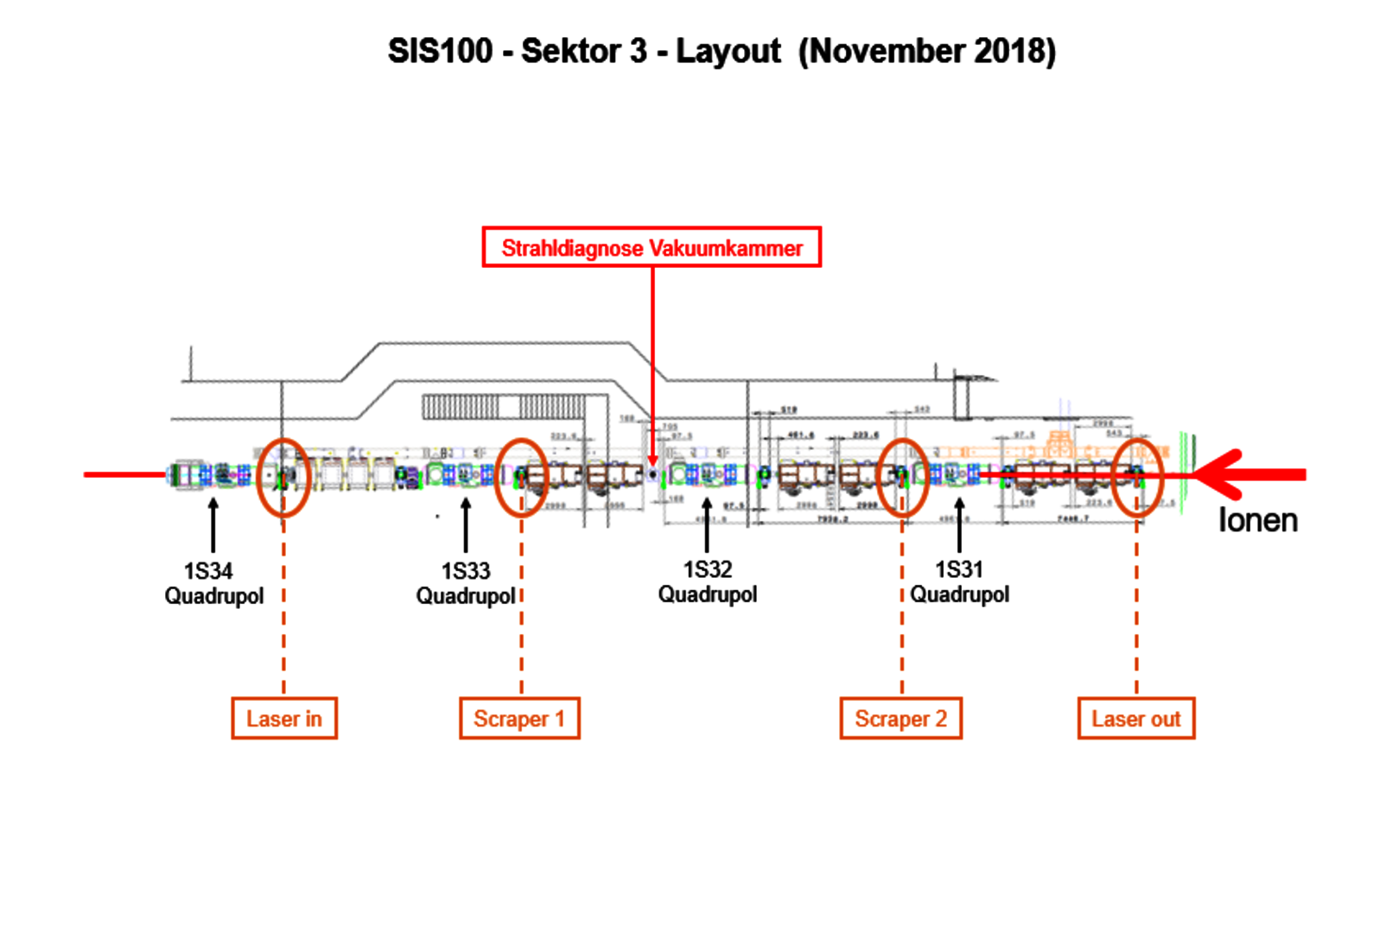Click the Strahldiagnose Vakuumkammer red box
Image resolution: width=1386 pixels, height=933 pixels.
point(652,248)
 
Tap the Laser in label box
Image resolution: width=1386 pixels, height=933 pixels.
point(284,719)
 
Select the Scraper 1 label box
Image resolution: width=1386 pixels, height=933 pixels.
point(519,719)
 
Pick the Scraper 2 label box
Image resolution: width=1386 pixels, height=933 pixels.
point(900,719)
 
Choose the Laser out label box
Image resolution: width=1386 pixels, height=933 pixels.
point(1136,719)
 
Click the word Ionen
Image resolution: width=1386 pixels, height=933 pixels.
point(1258,521)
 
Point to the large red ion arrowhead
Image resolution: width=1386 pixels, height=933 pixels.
point(1218,474)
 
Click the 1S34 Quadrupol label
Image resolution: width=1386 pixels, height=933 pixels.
point(213,583)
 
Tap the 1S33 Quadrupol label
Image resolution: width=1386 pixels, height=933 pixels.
point(466,583)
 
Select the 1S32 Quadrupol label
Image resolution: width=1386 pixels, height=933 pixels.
point(708,581)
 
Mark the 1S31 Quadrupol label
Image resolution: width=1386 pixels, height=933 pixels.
point(959,581)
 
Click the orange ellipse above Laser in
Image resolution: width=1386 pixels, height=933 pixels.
point(283,478)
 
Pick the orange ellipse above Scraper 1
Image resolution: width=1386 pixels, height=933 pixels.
point(521,478)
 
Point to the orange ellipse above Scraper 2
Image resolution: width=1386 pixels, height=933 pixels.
point(903,478)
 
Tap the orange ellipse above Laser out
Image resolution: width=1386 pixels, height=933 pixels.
point(1137,478)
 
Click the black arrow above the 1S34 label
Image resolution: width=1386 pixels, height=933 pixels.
point(213,524)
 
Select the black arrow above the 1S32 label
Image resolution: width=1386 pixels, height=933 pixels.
point(707,524)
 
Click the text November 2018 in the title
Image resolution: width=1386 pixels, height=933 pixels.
point(927,51)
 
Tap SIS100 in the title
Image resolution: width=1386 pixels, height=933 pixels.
point(440,51)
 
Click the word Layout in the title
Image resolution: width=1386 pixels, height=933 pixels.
point(728,51)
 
